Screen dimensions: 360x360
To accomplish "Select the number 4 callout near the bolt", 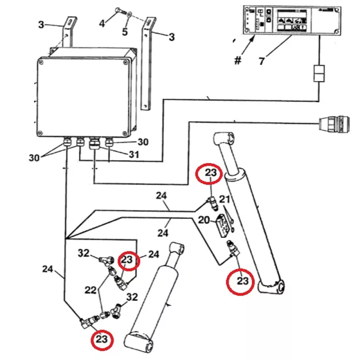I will click(103, 23).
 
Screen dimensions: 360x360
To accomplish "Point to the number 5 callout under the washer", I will click(125, 31).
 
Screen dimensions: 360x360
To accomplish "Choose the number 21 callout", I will click(224, 199).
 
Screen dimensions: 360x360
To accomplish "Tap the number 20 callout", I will click(204, 220).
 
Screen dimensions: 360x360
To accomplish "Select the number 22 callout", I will click(90, 290).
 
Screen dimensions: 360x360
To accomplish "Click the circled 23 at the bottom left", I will click(102, 340).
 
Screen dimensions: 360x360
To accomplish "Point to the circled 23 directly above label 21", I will click(211, 173).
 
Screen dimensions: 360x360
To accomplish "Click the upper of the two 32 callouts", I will click(84, 253).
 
